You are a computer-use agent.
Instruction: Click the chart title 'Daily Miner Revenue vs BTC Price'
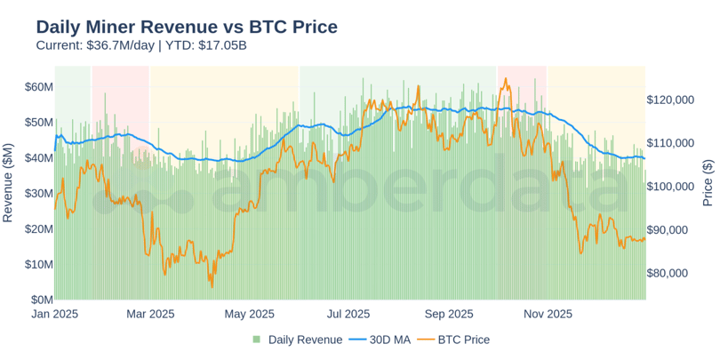(x=187, y=27)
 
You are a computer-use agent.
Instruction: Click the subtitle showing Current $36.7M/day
(x=141, y=44)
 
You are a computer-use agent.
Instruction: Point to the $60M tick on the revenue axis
(x=39, y=86)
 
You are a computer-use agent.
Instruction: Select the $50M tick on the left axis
(x=39, y=122)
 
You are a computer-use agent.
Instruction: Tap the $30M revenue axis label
(x=39, y=193)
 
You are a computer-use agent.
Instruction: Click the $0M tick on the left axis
(x=42, y=300)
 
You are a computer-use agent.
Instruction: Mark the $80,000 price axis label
(x=672, y=273)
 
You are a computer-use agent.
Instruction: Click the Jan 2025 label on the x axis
(x=55, y=314)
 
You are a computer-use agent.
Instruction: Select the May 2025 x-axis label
(x=249, y=314)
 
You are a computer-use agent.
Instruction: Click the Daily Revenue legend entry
(x=297, y=340)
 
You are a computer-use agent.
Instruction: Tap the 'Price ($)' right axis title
(x=708, y=182)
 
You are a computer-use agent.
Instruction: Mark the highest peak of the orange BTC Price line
(x=505, y=78)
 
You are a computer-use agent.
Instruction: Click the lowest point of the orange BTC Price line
(x=212, y=286)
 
